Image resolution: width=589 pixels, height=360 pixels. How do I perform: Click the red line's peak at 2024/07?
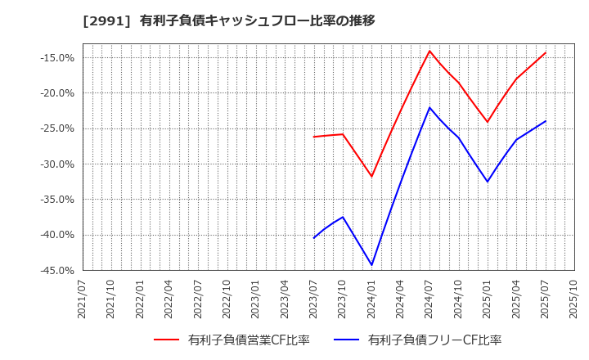pyautogui.click(x=429, y=51)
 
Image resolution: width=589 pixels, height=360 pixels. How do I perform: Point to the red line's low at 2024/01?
pyautogui.click(x=371, y=177)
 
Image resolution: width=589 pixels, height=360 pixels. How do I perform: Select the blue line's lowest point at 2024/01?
pyautogui.click(x=371, y=265)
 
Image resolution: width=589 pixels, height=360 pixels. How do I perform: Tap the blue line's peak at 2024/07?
pyautogui.click(x=429, y=107)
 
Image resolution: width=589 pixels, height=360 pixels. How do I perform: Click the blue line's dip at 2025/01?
pyautogui.click(x=488, y=182)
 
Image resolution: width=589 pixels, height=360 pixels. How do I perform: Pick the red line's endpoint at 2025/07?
pyautogui.click(x=546, y=52)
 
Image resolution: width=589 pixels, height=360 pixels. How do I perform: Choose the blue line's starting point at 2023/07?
pyautogui.click(x=314, y=238)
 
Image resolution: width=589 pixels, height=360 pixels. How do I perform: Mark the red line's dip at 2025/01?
pyautogui.click(x=488, y=122)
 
